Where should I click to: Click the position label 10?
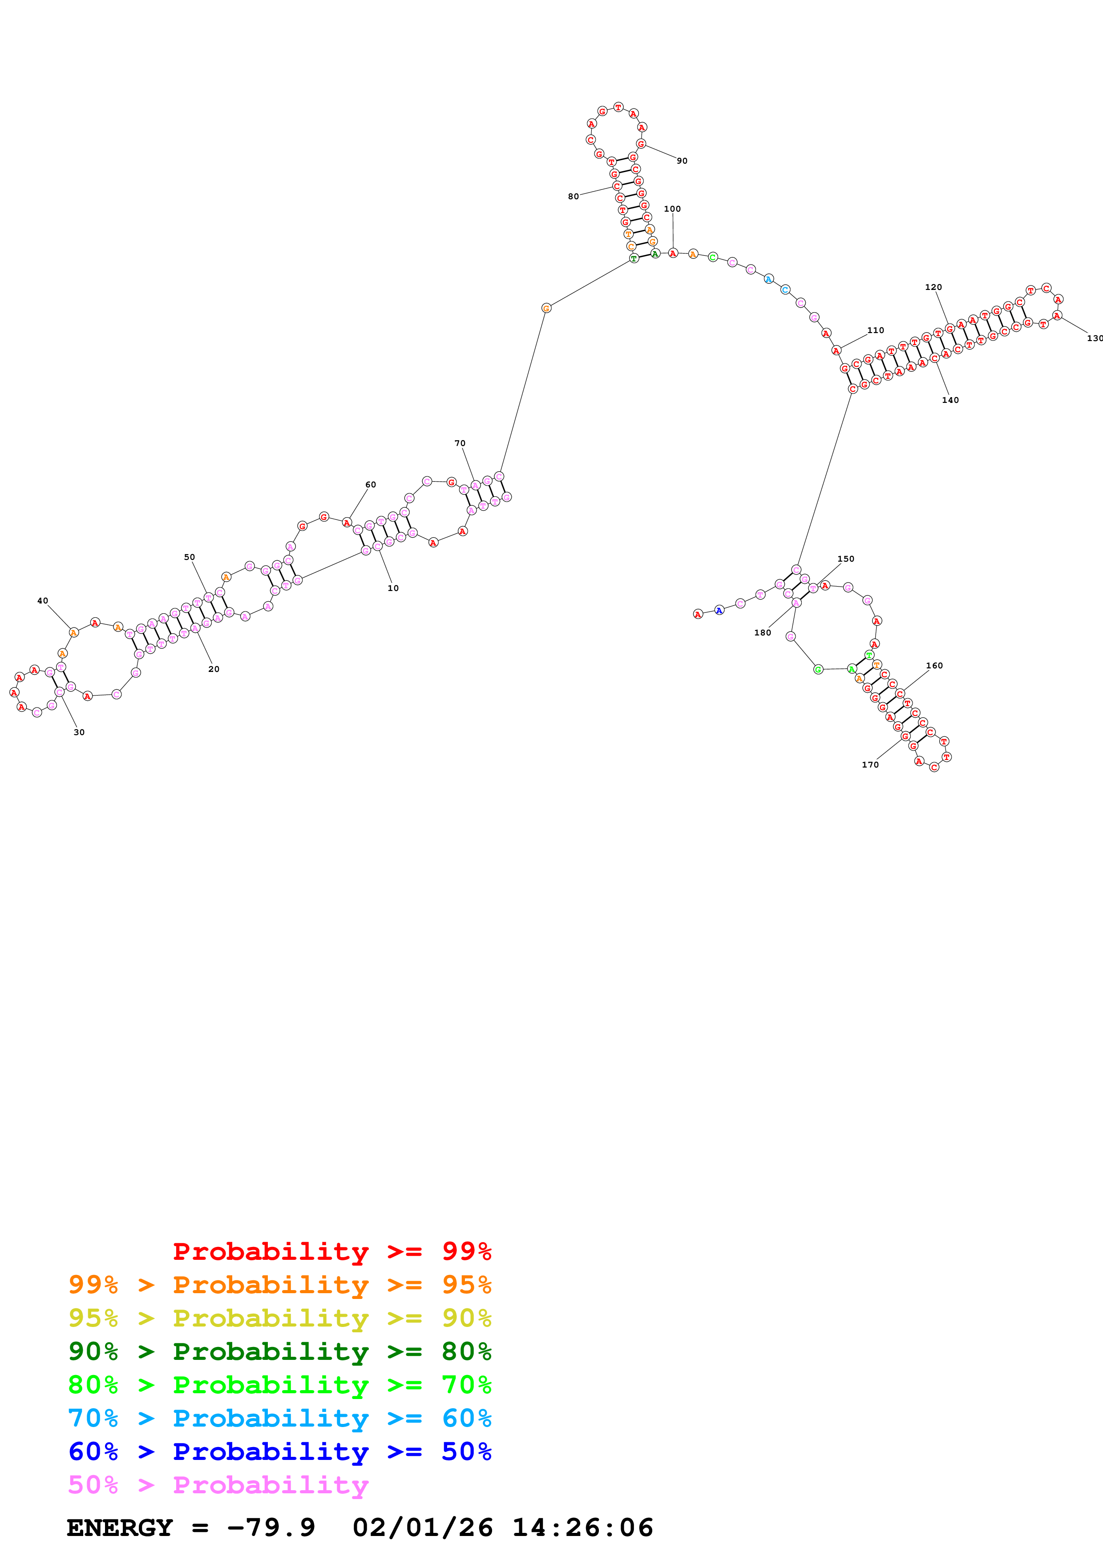(393, 588)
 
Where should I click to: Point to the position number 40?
(43, 601)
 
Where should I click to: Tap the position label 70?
(460, 443)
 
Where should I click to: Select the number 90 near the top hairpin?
(682, 161)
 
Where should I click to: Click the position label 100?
(672, 209)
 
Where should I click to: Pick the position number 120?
(933, 287)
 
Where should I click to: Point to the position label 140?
(950, 400)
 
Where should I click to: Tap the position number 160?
(934, 666)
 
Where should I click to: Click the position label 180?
(763, 632)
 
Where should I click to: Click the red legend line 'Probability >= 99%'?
(331, 1251)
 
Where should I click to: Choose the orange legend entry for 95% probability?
(279, 1285)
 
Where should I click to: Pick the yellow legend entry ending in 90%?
(279, 1318)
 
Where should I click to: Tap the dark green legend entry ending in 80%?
(279, 1351)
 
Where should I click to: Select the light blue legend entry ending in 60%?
(279, 1418)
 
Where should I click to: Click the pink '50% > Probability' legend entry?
(218, 1484)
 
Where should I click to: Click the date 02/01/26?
(423, 1528)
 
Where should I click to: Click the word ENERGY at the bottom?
(120, 1528)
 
